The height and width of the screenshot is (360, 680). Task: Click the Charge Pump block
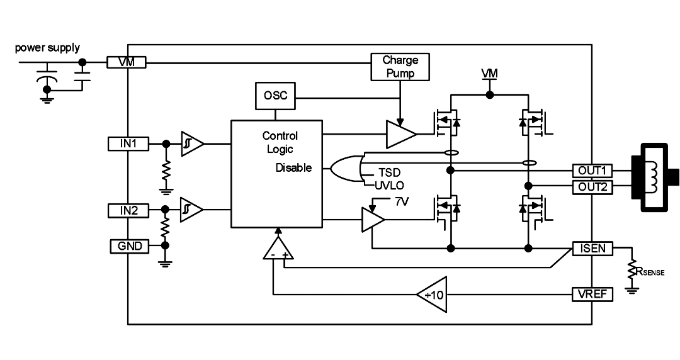tap(400, 67)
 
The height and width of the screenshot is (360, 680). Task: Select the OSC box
tap(275, 96)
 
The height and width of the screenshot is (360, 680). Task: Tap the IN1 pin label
tap(128, 143)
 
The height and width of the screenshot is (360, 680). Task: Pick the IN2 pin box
tap(128, 211)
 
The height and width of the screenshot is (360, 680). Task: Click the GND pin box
tap(129, 246)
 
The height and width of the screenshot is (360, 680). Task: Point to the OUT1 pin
tap(592, 171)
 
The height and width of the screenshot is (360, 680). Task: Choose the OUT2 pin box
tap(592, 188)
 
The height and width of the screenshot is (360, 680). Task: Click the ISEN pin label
tap(592, 249)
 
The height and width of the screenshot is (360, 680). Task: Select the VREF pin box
tap(592, 295)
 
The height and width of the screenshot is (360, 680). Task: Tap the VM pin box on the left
tap(127, 62)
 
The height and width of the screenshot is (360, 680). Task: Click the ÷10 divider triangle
tap(432, 295)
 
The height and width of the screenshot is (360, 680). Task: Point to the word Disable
tap(293, 168)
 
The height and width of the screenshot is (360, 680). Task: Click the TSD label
tap(389, 173)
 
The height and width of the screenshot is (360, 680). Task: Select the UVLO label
tap(389, 186)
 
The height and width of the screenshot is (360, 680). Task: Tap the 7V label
tap(401, 201)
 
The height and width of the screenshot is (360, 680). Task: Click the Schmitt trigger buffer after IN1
tap(192, 143)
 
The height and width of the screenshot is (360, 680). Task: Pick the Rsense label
tap(650, 271)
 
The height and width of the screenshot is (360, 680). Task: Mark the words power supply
tap(47, 48)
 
